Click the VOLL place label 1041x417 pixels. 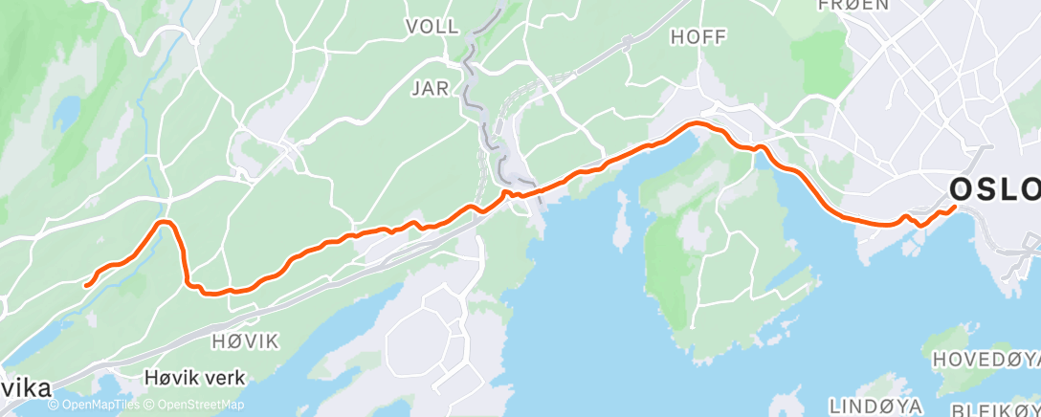(x=432, y=26)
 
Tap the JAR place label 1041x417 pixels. (x=430, y=89)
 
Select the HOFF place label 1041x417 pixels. (x=698, y=36)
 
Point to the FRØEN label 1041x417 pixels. (x=854, y=5)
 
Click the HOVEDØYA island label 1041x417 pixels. (x=986, y=360)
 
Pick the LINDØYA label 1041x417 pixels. (x=875, y=405)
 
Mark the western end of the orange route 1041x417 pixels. (x=86, y=284)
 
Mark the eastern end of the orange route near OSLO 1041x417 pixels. (x=954, y=208)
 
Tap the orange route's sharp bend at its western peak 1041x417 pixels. (x=165, y=223)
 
